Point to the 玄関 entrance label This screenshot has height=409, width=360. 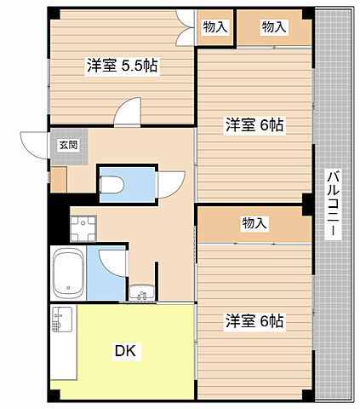click(67, 145)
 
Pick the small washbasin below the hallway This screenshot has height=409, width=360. click(141, 293)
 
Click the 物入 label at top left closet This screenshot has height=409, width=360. click(216, 27)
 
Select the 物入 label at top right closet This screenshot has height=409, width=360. click(274, 27)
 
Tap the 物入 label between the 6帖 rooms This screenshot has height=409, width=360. click(254, 223)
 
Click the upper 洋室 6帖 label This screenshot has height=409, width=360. click(254, 125)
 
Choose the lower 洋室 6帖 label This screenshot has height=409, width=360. click(254, 321)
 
